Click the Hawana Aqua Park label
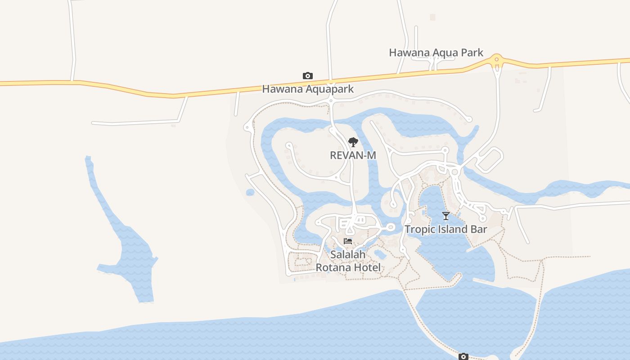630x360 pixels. pyautogui.click(x=436, y=53)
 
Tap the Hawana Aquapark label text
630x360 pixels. pyautogui.click(x=308, y=89)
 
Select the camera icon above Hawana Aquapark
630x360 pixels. pyautogui.click(x=308, y=76)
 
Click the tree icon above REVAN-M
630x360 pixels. pyautogui.click(x=353, y=143)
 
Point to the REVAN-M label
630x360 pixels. pyautogui.click(x=353, y=155)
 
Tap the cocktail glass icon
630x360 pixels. pyautogui.click(x=445, y=216)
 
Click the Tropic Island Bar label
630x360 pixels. pyautogui.click(x=445, y=229)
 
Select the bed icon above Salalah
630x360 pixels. pyautogui.click(x=348, y=241)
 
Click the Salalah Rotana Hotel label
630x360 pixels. pyautogui.click(x=348, y=261)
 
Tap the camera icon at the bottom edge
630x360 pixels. pyautogui.click(x=463, y=357)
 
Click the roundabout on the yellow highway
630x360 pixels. pyautogui.click(x=497, y=59)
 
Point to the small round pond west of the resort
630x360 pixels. pyautogui.click(x=250, y=193)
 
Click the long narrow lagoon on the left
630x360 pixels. pyautogui.click(x=121, y=238)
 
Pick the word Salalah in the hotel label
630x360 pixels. pyautogui.click(x=348, y=254)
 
